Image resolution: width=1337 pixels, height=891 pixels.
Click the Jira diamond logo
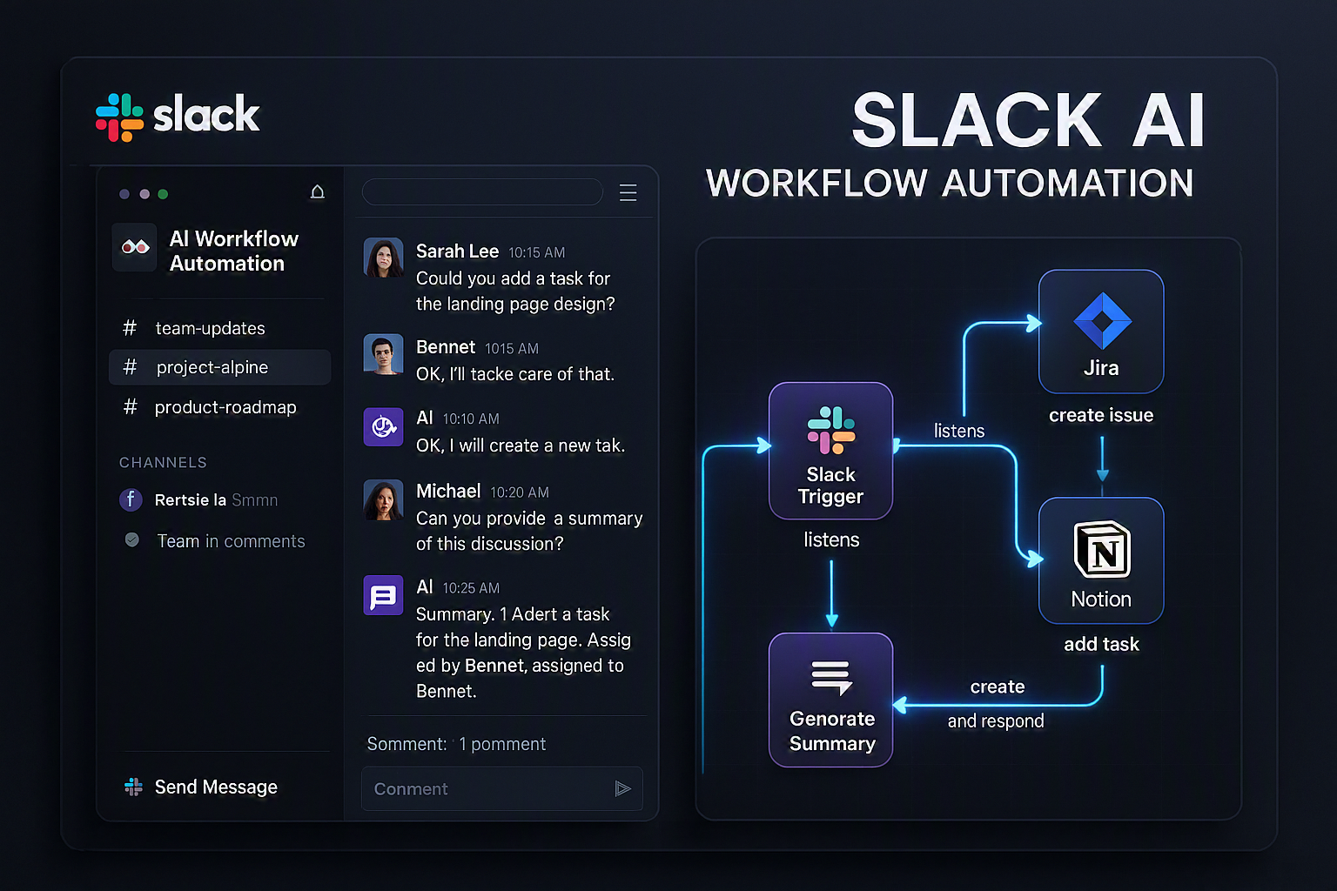[x=1102, y=320]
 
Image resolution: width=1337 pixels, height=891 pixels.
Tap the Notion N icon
[x=1102, y=550]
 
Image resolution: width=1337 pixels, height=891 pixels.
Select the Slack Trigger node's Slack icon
[x=831, y=430]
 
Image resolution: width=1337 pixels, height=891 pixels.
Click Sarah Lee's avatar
[x=383, y=258]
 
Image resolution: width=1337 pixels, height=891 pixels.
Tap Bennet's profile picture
[x=383, y=354]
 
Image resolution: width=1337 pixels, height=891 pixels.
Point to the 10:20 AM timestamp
[x=520, y=492]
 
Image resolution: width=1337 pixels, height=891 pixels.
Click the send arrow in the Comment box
[x=622, y=789]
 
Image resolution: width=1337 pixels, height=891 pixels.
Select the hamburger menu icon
[x=628, y=193]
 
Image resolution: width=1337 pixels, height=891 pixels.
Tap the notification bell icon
[x=318, y=191]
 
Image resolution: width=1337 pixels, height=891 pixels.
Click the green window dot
[x=163, y=194]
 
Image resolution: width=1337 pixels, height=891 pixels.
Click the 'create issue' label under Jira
[x=1101, y=415]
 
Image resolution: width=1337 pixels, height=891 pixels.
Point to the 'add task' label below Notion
[x=1102, y=645]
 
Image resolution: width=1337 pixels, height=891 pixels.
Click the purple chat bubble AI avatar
[x=383, y=595]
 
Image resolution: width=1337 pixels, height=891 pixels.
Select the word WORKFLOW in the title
[x=817, y=183]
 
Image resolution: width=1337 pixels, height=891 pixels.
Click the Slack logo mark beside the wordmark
[x=119, y=117]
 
